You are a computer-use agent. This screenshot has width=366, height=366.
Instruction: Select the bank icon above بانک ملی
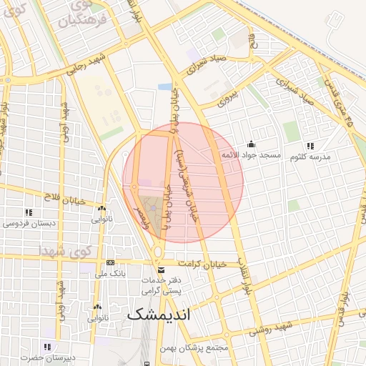coord(109,262)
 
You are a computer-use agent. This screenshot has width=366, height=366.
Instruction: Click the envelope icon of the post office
coord(160,270)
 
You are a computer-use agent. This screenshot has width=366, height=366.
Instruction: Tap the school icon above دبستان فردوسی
coord(29,212)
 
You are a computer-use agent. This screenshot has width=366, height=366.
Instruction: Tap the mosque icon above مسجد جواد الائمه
coord(251,144)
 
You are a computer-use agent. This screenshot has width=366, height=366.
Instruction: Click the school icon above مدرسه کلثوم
coord(310,145)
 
